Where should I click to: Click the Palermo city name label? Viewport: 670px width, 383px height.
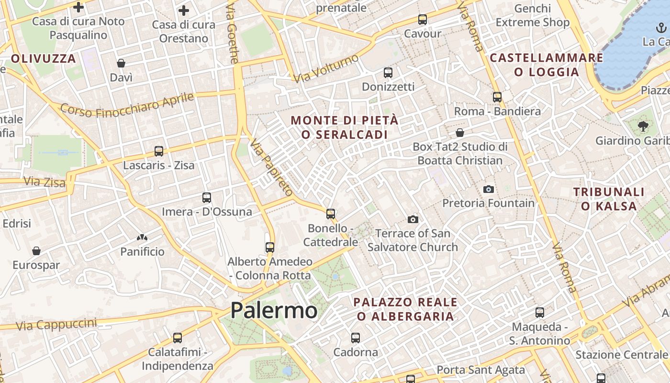(274, 310)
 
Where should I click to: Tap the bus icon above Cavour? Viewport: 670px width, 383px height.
(422, 20)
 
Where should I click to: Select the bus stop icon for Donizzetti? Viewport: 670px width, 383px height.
(388, 73)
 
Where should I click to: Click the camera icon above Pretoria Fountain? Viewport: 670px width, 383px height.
(488, 189)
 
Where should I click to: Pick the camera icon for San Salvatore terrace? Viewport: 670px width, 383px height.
(413, 219)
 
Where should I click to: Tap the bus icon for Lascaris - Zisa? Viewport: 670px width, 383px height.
(159, 151)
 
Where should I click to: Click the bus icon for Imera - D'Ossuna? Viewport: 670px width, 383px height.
(207, 197)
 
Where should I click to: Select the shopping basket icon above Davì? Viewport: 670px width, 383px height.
(121, 63)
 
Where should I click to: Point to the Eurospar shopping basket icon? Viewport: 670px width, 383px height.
(36, 251)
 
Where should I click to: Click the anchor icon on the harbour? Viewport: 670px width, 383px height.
(661, 28)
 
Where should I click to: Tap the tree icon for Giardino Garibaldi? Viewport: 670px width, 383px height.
(643, 126)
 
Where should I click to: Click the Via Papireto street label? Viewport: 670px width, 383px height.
(271, 168)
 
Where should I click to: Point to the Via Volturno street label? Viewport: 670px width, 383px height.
(326, 68)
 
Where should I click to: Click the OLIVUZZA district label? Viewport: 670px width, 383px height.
(44, 59)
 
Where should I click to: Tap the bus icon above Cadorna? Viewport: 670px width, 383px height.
(356, 338)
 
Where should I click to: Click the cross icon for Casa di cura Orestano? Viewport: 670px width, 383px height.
(184, 11)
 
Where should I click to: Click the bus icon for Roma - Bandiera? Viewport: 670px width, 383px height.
(497, 97)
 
